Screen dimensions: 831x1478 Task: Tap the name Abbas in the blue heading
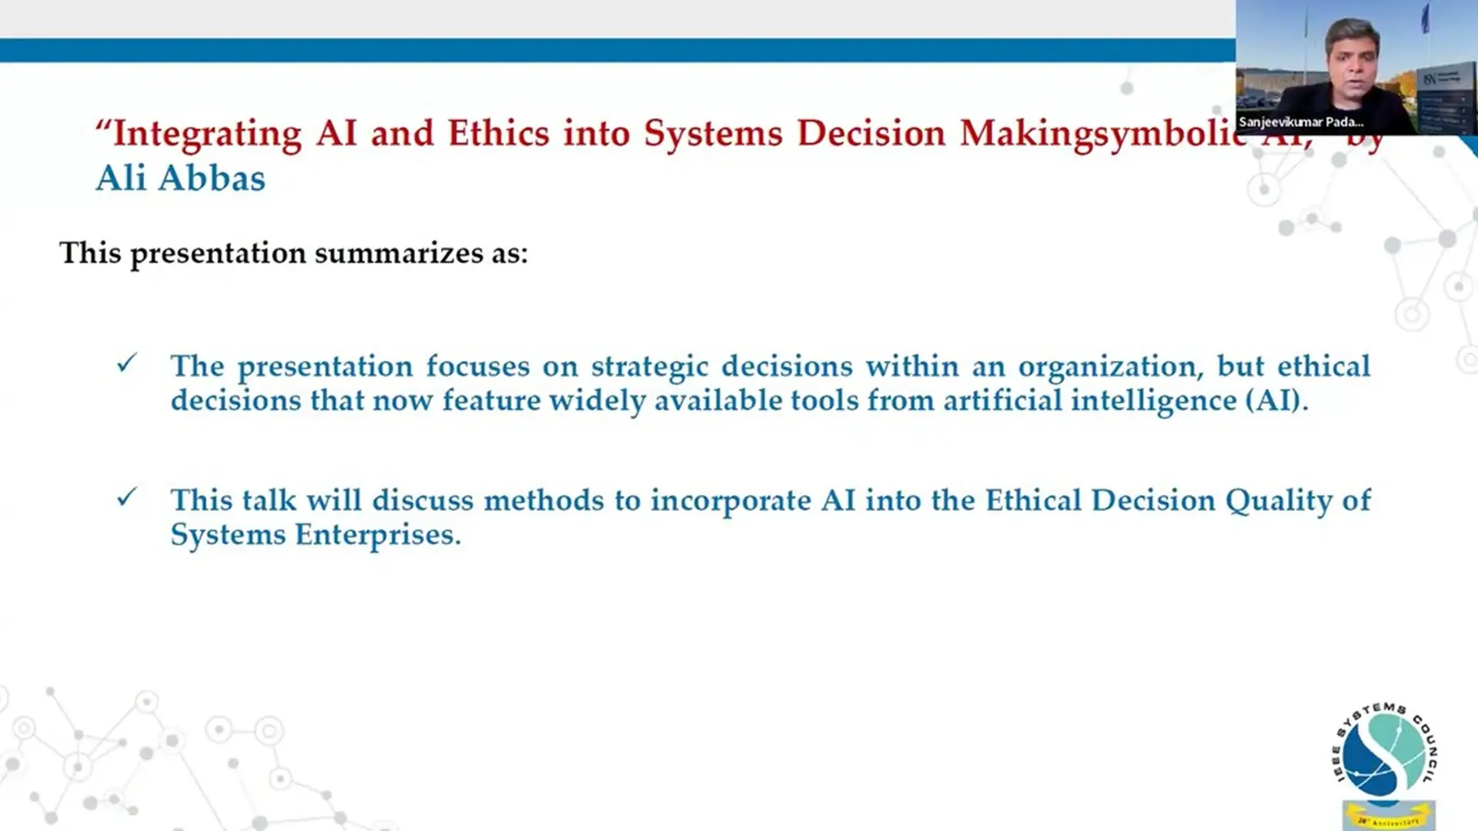[x=212, y=179]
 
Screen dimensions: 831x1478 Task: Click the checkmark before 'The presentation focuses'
[x=127, y=363]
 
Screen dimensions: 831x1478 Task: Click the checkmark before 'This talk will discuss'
[x=127, y=498]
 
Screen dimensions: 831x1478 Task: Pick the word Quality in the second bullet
[x=1278, y=502]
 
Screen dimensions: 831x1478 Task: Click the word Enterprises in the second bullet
[x=378, y=536]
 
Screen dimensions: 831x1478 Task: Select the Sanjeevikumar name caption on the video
[x=1301, y=122]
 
